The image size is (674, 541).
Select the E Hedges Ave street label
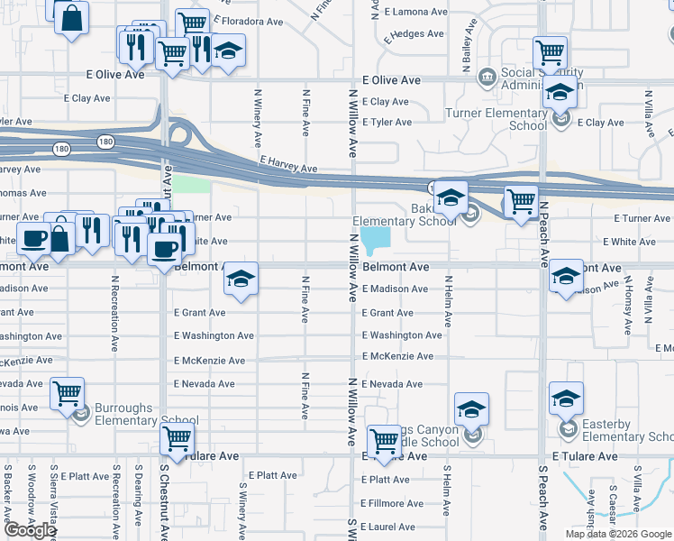(x=414, y=34)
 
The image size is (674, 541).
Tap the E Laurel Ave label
(x=387, y=527)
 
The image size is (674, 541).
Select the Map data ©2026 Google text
(x=618, y=534)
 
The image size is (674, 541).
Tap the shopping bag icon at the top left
(x=71, y=16)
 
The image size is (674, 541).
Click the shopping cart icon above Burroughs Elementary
(x=67, y=393)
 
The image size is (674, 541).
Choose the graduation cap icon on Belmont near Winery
(x=241, y=278)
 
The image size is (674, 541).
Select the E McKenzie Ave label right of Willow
(x=397, y=356)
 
